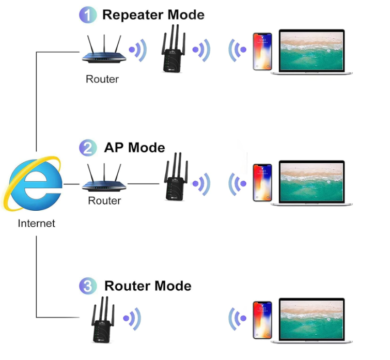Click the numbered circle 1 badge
[x=88, y=15]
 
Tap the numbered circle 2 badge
[x=88, y=148]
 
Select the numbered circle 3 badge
[x=88, y=286]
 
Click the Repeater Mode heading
[x=153, y=14]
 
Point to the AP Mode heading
[x=134, y=148]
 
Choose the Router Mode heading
[x=148, y=286]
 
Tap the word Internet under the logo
[x=36, y=224]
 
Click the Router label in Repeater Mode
[x=102, y=80]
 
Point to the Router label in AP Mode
[x=104, y=201]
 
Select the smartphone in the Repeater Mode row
[x=261, y=52]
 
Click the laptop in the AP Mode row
[x=312, y=184]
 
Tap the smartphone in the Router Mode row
[x=261, y=320]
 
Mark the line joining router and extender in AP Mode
[x=144, y=183]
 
